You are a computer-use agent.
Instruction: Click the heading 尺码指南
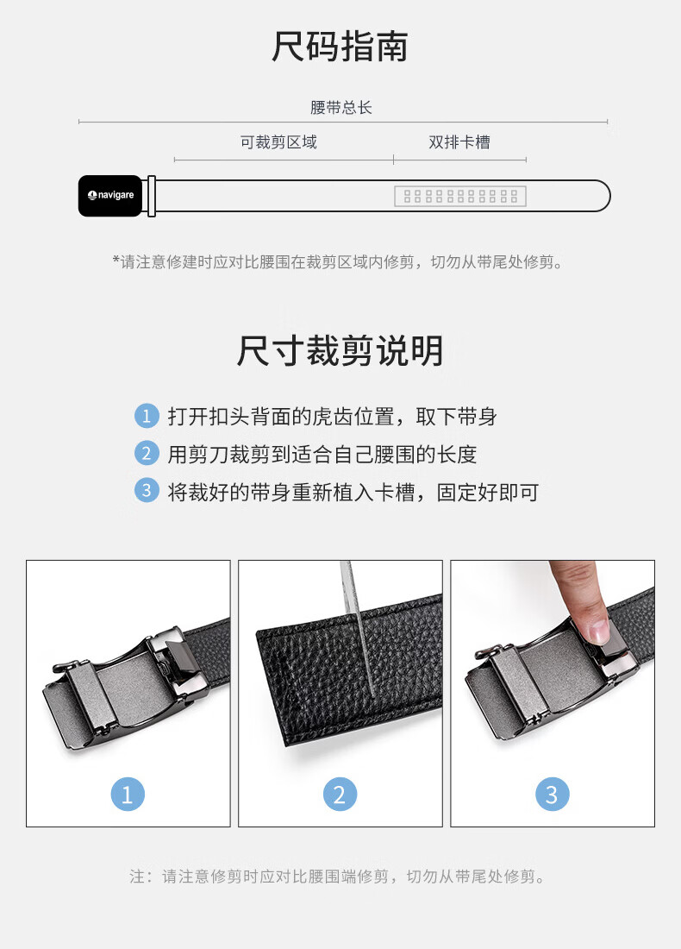click(340, 47)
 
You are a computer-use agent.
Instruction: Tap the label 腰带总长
click(341, 108)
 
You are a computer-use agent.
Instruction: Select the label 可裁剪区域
click(278, 142)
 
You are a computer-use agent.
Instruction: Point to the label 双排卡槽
click(459, 142)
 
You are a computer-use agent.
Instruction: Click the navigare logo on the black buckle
click(110, 195)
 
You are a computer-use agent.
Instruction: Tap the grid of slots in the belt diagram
click(460, 196)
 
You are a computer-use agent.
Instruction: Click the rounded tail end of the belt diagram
click(602, 196)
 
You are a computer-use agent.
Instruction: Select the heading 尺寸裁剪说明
click(340, 350)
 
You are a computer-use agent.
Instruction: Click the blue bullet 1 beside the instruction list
click(147, 416)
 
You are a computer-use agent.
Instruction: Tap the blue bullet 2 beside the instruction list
click(147, 453)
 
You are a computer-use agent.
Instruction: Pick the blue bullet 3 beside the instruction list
click(147, 491)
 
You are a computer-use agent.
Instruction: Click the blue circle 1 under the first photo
click(128, 794)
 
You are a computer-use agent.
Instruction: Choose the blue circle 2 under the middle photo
click(340, 794)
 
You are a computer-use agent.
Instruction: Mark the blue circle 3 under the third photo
click(553, 794)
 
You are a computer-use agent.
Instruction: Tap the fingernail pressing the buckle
click(598, 632)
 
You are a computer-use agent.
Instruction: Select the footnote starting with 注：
click(337, 877)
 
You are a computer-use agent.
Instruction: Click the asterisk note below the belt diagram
click(337, 262)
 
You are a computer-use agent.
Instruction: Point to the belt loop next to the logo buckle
click(152, 196)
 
